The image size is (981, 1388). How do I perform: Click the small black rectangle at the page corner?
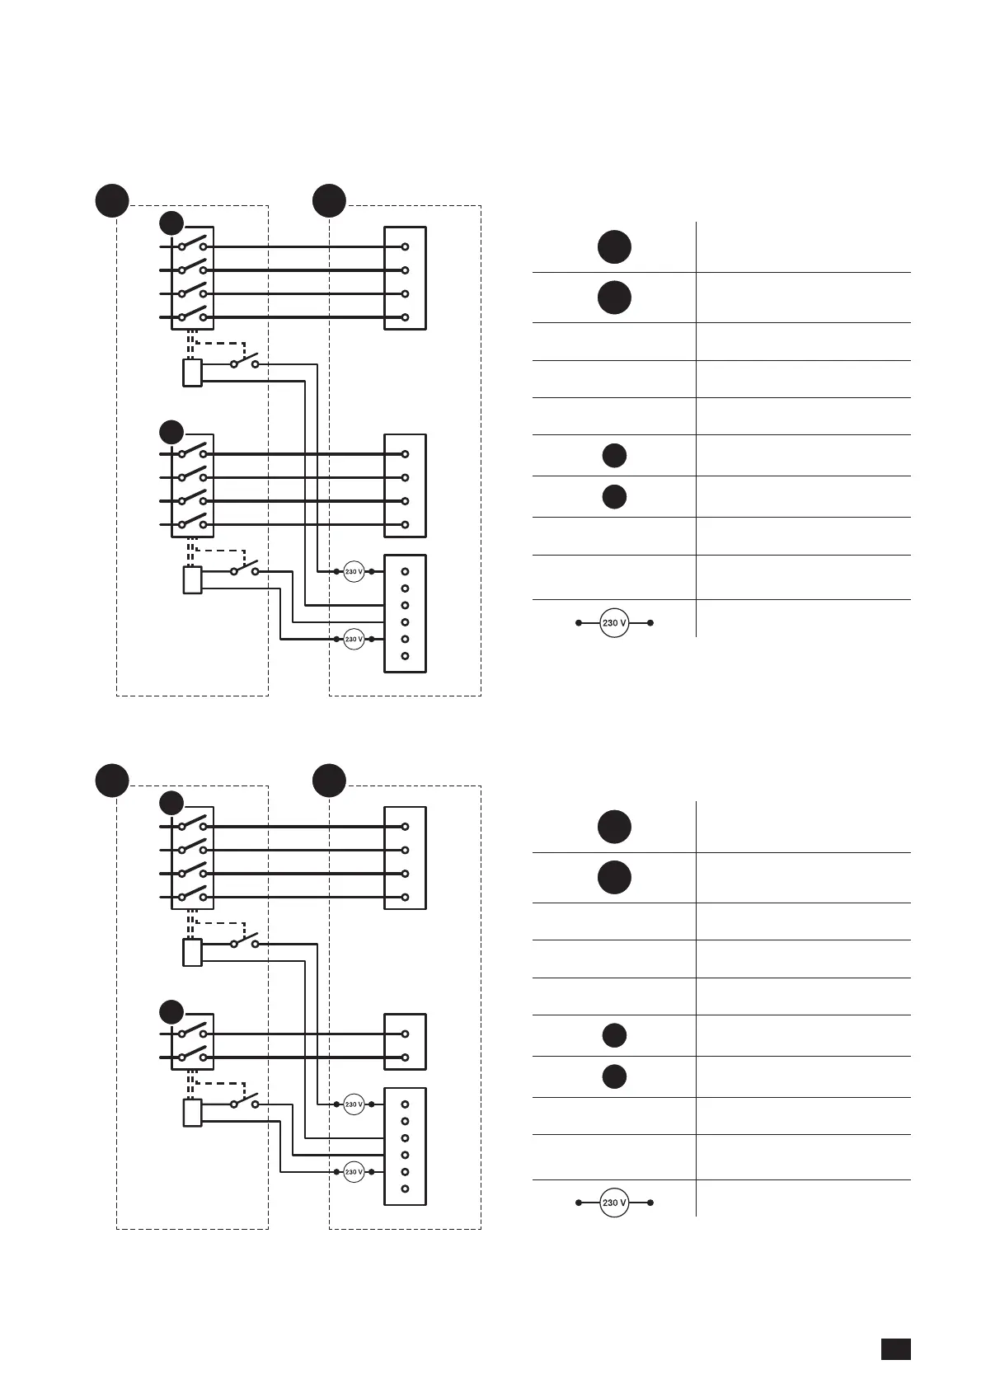895,1348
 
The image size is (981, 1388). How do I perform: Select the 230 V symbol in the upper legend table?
614,623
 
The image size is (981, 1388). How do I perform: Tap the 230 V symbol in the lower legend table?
614,1203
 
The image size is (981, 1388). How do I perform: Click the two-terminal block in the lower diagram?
405,1042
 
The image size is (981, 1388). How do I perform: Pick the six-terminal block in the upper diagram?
405,613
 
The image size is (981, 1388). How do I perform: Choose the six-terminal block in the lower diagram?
405,1147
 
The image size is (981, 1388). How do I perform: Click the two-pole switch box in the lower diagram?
192,1042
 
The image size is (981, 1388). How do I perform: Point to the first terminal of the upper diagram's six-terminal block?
405,571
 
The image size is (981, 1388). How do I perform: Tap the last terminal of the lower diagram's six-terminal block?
405,1189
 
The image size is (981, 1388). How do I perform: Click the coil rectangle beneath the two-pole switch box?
192,1113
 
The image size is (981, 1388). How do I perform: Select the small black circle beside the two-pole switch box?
171,1011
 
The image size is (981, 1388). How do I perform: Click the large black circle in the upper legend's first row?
614,246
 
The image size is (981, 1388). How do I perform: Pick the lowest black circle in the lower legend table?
614,1076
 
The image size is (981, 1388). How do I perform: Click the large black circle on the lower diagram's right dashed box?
330,781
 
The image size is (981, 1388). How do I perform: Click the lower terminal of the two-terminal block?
405,1057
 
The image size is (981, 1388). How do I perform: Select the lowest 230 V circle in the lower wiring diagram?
354,1172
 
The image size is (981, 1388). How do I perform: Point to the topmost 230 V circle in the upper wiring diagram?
354,571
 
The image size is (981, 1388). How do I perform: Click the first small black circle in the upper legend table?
614,455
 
